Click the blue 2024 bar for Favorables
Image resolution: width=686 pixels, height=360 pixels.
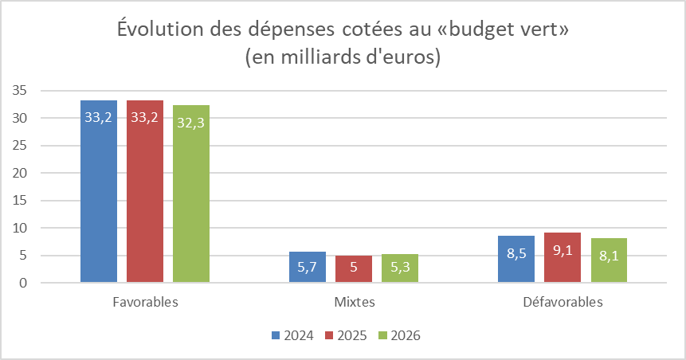pos(99,191)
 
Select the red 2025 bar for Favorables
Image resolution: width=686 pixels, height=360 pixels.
pos(144,191)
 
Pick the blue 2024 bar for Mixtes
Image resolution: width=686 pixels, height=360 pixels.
pos(308,267)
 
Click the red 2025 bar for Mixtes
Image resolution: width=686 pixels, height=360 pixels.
pos(353,269)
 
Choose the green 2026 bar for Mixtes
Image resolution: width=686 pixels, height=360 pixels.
pos(399,268)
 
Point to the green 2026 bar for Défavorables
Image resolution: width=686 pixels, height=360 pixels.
pos(608,260)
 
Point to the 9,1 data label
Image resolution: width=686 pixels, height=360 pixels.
pos(563,250)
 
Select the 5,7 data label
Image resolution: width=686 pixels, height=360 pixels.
pos(308,268)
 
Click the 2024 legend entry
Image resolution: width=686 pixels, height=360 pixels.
pos(292,335)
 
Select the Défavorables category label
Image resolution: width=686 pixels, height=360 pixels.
pos(563,303)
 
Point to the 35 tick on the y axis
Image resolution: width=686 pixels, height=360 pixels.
pos(22,91)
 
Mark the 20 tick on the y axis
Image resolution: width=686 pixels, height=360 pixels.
pos(22,173)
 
